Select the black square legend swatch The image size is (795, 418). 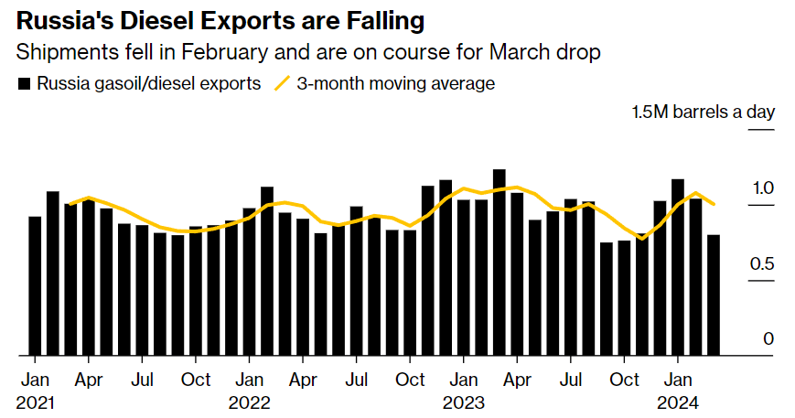(x=24, y=84)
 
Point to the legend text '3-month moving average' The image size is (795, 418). (x=395, y=84)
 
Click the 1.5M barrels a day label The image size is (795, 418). (x=703, y=113)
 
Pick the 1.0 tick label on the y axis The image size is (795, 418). (x=762, y=188)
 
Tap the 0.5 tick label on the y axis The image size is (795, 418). (x=762, y=264)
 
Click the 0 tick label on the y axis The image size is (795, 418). (x=769, y=339)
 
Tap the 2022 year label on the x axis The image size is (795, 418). (x=249, y=402)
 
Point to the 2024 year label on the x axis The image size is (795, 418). (x=677, y=402)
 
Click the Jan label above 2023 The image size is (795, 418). (x=464, y=380)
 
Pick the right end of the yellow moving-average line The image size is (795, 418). (x=714, y=204)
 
